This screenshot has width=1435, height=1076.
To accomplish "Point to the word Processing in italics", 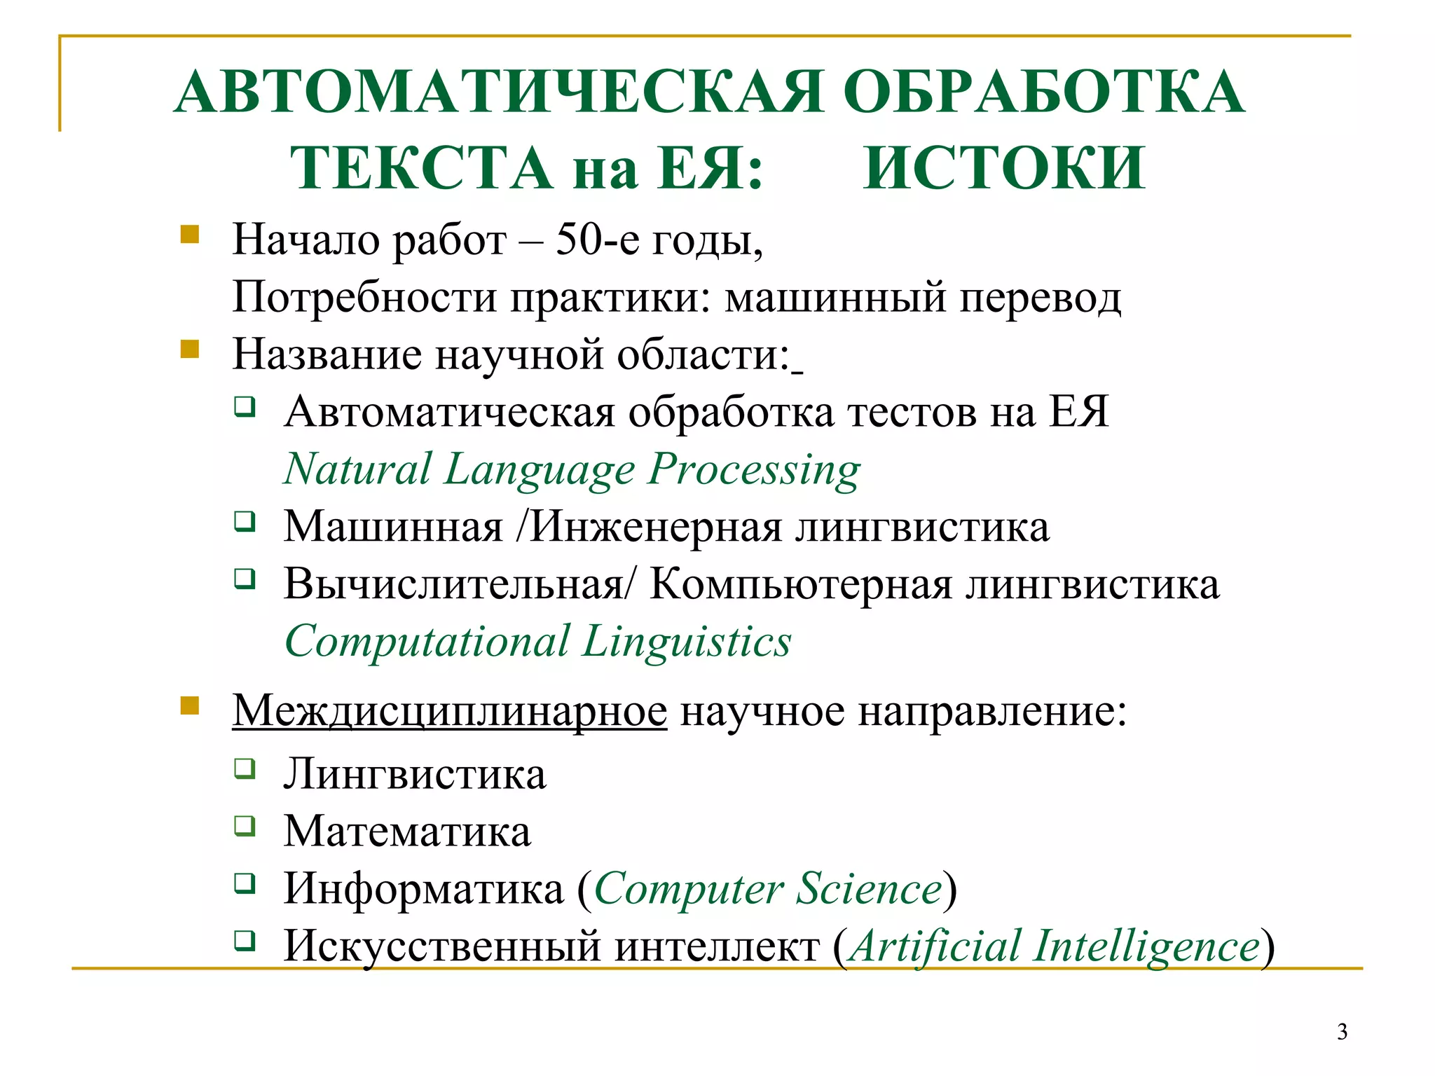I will pyautogui.click(x=754, y=470).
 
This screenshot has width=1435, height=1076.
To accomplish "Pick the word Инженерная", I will pyautogui.click(x=655, y=526).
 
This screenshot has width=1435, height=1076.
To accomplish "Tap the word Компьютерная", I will pyautogui.click(x=801, y=584).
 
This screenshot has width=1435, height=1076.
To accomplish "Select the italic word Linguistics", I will pyautogui.click(x=687, y=642).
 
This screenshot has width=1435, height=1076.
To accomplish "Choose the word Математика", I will pyautogui.click(x=407, y=832).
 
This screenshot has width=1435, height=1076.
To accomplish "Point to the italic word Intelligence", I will pyautogui.click(x=1146, y=946).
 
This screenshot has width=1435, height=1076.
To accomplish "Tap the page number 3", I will pyautogui.click(x=1342, y=1032).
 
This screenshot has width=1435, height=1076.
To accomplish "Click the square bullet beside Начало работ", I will pyautogui.click(x=189, y=234).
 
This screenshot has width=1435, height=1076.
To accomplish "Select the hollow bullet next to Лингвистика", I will pyautogui.click(x=245, y=768).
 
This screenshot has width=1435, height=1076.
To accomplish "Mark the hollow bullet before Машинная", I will pyautogui.click(x=245, y=521).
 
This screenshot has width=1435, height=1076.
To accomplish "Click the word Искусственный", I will pyautogui.click(x=442, y=946).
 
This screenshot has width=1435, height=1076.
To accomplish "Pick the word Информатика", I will pyautogui.click(x=423, y=889).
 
